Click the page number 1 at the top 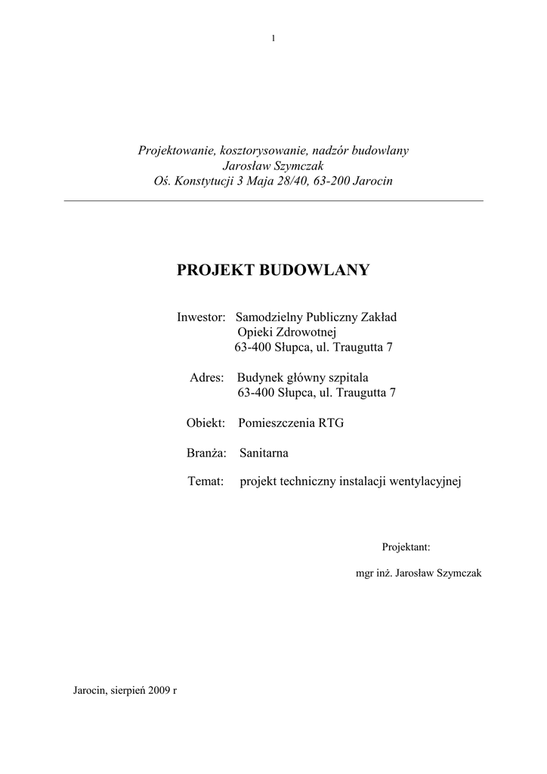pyautogui.click(x=273, y=39)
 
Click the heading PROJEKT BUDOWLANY pyautogui.click(x=273, y=270)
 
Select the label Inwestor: pyautogui.click(x=202, y=317)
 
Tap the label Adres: pyautogui.click(x=206, y=377)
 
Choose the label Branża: pyautogui.click(x=207, y=454)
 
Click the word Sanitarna pyautogui.click(x=264, y=454)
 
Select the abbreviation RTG pyautogui.click(x=331, y=423)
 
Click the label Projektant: pyautogui.click(x=406, y=546)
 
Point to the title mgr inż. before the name pyautogui.click(x=373, y=574)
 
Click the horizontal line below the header pyautogui.click(x=273, y=201)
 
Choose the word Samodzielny pyautogui.click(x=271, y=317)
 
